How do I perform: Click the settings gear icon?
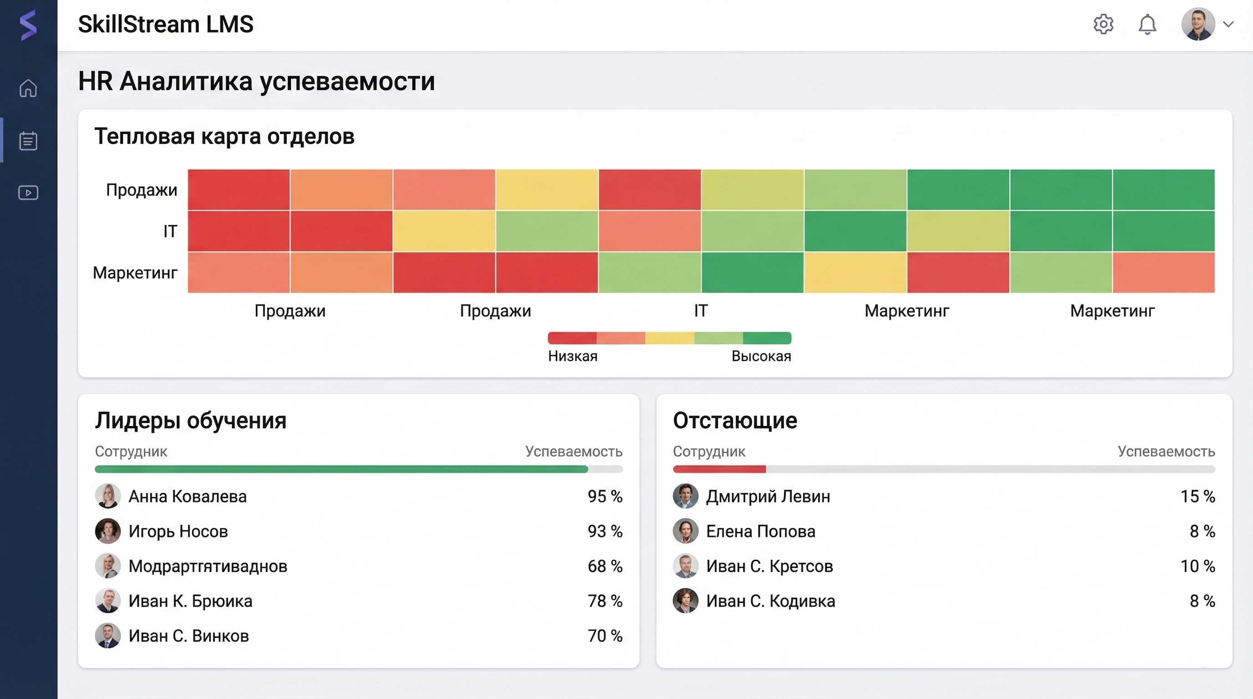coord(1103,24)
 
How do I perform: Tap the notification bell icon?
coord(1147,24)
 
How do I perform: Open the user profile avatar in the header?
coord(1198,24)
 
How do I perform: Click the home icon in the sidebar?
coord(28,88)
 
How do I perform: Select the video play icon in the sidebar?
coord(28,192)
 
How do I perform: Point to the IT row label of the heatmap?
coord(170,231)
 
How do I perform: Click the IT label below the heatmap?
coord(700,311)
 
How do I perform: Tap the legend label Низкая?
coord(572,356)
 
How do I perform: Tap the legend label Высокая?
coord(761,356)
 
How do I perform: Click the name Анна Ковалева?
coord(187,496)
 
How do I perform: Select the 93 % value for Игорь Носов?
coord(605,531)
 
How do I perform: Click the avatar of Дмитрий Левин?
coord(685,496)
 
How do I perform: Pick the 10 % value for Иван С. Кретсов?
coord(1197,566)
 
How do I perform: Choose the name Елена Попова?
coord(760,531)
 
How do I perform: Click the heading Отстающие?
coord(734,420)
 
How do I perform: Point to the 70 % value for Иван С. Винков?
coord(605,636)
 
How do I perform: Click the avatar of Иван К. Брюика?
coord(107,601)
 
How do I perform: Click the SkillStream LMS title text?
coord(165,24)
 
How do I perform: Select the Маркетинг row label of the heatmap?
coord(135,273)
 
